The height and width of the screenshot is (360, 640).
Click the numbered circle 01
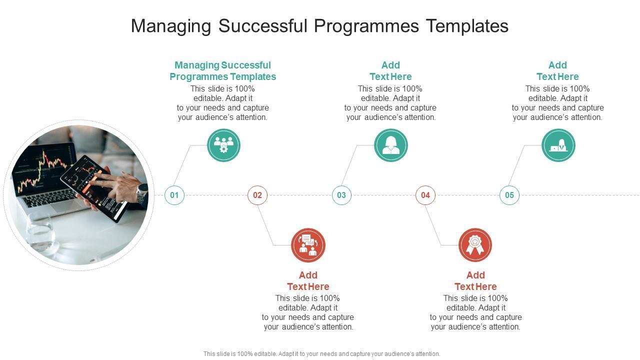[174, 195]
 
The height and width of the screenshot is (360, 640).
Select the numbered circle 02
[257, 195]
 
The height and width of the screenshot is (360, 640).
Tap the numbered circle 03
[341, 195]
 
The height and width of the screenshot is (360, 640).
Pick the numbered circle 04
[425, 195]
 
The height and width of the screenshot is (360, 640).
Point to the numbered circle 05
[509, 195]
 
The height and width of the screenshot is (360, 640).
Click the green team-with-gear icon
[223, 145]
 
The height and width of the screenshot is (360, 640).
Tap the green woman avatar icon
[391, 145]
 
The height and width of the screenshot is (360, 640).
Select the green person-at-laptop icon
[558, 145]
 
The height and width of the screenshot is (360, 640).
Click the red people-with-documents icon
[308, 245]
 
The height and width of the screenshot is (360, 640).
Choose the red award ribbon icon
[475, 245]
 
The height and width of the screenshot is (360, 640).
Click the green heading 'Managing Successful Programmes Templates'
[223, 71]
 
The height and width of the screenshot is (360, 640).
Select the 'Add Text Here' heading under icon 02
[308, 281]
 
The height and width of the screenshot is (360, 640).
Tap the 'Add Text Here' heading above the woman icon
[390, 71]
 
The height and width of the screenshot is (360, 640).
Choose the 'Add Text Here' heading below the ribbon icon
[475, 281]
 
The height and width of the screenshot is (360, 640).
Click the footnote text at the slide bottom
[321, 354]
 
